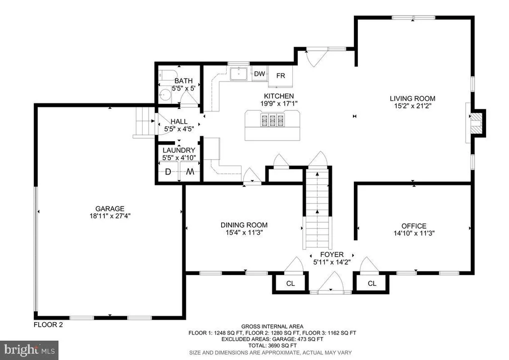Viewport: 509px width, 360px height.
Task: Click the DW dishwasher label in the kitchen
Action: click(259, 74)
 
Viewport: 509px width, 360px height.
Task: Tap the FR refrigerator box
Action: click(280, 76)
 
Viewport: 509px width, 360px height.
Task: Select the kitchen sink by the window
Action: click(239, 74)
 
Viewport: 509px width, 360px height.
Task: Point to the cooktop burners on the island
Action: click(272, 120)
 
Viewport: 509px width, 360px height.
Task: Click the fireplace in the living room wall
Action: click(477, 123)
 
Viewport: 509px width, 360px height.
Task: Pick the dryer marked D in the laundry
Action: click(168, 172)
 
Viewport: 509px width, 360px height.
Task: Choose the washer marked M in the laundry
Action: click(190, 172)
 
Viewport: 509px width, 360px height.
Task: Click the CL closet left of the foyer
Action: click(290, 283)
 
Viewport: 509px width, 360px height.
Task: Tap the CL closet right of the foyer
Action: click(372, 283)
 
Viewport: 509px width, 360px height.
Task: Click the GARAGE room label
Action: click(110, 209)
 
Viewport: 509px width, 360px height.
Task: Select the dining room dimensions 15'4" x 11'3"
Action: click(244, 232)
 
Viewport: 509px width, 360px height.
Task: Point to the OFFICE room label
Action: click(414, 226)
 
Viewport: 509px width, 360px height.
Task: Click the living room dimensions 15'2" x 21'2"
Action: click(413, 106)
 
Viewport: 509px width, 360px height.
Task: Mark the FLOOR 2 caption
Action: click(48, 325)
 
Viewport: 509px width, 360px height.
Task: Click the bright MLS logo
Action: click(29, 350)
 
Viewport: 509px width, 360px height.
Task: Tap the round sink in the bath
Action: click(166, 95)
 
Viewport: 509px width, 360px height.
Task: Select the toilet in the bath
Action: click(167, 75)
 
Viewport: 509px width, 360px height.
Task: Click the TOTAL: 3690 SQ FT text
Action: click(272, 346)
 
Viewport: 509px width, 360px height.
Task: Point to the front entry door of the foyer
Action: click(331, 284)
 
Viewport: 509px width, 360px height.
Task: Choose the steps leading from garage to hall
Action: click(144, 121)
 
